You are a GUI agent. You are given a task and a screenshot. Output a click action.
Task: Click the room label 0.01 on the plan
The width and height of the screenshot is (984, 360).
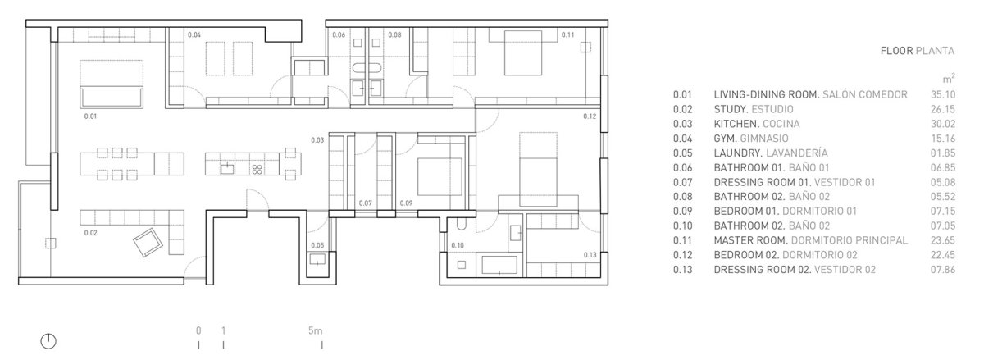[90, 116]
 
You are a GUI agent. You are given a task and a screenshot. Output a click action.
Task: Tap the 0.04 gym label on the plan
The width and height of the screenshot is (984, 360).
[194, 34]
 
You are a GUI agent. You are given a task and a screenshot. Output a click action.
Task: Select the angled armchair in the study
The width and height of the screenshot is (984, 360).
[148, 242]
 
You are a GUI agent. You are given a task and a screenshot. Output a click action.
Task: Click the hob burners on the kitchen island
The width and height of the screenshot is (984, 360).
[257, 169]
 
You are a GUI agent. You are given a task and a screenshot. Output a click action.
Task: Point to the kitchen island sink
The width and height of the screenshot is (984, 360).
[227, 168]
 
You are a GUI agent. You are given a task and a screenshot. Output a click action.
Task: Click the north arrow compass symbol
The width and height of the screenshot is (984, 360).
[48, 341]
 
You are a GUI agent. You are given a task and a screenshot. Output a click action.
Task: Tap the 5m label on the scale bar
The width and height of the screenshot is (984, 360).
[315, 330]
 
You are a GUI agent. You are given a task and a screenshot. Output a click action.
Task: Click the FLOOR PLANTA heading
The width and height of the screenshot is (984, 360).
[918, 51]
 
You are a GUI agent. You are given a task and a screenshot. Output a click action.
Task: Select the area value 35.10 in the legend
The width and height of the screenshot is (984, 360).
[943, 94]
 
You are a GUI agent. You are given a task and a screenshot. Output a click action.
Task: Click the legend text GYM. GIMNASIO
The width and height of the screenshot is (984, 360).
[751, 139]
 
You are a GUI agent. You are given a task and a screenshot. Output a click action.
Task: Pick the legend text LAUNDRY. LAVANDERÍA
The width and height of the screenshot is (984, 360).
[771, 153]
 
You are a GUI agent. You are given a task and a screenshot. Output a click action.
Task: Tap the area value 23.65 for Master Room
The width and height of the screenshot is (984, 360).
[943, 240]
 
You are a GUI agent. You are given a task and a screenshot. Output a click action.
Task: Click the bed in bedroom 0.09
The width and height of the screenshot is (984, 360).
[440, 176]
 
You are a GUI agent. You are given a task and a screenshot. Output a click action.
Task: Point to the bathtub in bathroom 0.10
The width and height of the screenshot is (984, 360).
[499, 265]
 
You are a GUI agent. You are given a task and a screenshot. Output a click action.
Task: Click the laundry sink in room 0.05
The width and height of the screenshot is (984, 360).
[317, 259]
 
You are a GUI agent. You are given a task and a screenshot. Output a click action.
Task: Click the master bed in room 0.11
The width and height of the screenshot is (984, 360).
[523, 52]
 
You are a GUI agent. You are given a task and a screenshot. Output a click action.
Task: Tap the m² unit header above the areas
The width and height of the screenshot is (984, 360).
[949, 79]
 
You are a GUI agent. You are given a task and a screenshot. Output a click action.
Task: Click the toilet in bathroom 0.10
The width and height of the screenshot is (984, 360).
[461, 225]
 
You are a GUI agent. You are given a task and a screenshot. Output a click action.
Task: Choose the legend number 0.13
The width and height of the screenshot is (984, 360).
[682, 270]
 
